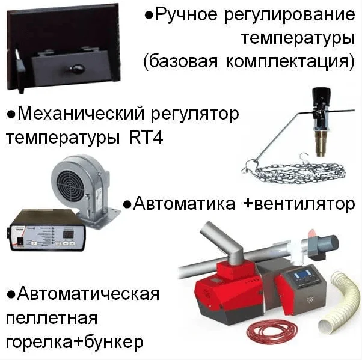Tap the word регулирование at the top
pos(289,15)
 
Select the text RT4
pos(146,138)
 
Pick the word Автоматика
pos(184,203)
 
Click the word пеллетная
pos(52,318)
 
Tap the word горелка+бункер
pos(75,342)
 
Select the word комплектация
pos(290,62)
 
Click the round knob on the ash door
pos(77,68)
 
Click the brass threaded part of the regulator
pos(321,143)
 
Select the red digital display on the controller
pos(69,234)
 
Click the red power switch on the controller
pos(21,241)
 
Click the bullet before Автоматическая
pos(11,295)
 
